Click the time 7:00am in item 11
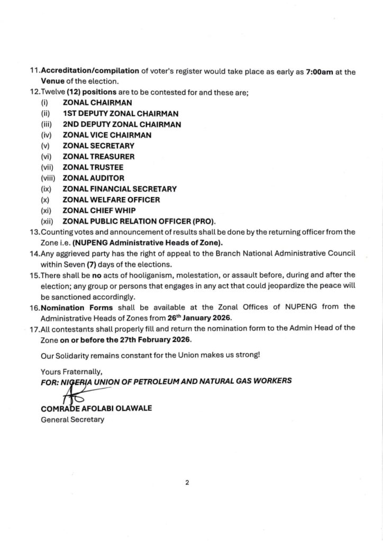[x=320, y=71]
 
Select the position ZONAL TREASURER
[x=98, y=157]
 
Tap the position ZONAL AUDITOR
[x=93, y=178]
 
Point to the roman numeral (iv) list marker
[x=46, y=135]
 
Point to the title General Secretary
[x=72, y=420]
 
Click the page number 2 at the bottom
[x=187, y=483]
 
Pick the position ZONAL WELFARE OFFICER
[x=111, y=200]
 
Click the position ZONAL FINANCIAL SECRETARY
[x=120, y=189]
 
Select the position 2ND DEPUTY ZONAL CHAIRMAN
[x=122, y=124]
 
